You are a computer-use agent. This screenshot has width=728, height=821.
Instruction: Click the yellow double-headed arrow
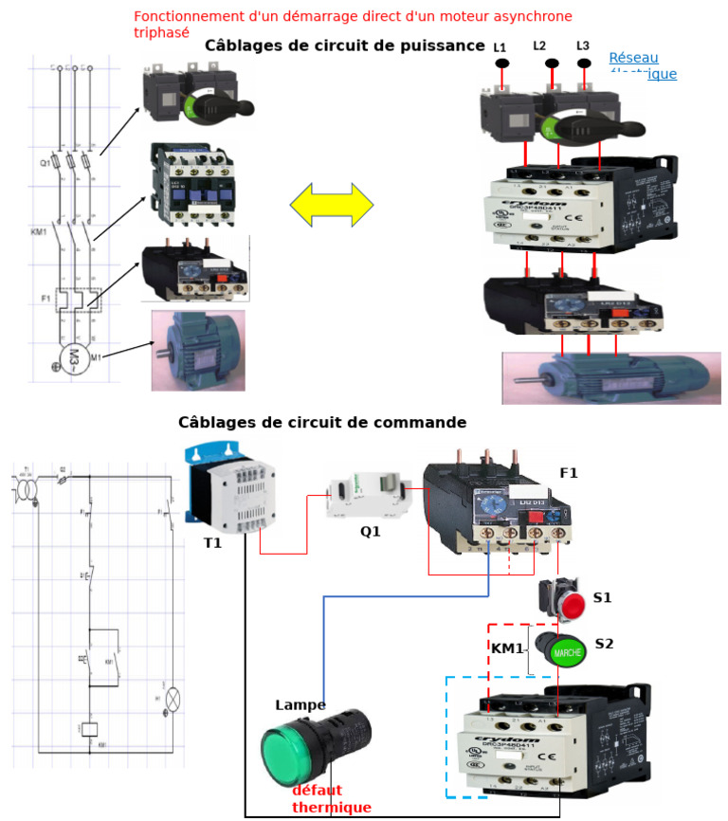pyautogui.click(x=332, y=205)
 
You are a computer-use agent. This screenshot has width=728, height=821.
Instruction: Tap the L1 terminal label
pyautogui.click(x=500, y=47)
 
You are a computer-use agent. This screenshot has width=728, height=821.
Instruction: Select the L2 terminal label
pyautogui.click(x=539, y=46)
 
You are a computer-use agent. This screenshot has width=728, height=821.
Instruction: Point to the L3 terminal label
pyautogui.click(x=583, y=46)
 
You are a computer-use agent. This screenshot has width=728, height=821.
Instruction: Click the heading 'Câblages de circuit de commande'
pyautogui.click(x=322, y=422)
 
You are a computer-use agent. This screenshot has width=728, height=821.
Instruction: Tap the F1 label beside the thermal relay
pyautogui.click(x=569, y=472)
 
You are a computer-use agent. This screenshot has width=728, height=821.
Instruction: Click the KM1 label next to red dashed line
pyautogui.click(x=507, y=648)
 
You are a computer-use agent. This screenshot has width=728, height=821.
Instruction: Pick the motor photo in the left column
pyautogui.click(x=197, y=350)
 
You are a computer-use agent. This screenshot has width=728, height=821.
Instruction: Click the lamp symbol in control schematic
pyautogui.click(x=173, y=699)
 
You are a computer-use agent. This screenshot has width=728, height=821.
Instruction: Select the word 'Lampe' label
pyautogui.click(x=300, y=705)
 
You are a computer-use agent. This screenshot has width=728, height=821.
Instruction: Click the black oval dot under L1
pyautogui.click(x=502, y=64)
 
